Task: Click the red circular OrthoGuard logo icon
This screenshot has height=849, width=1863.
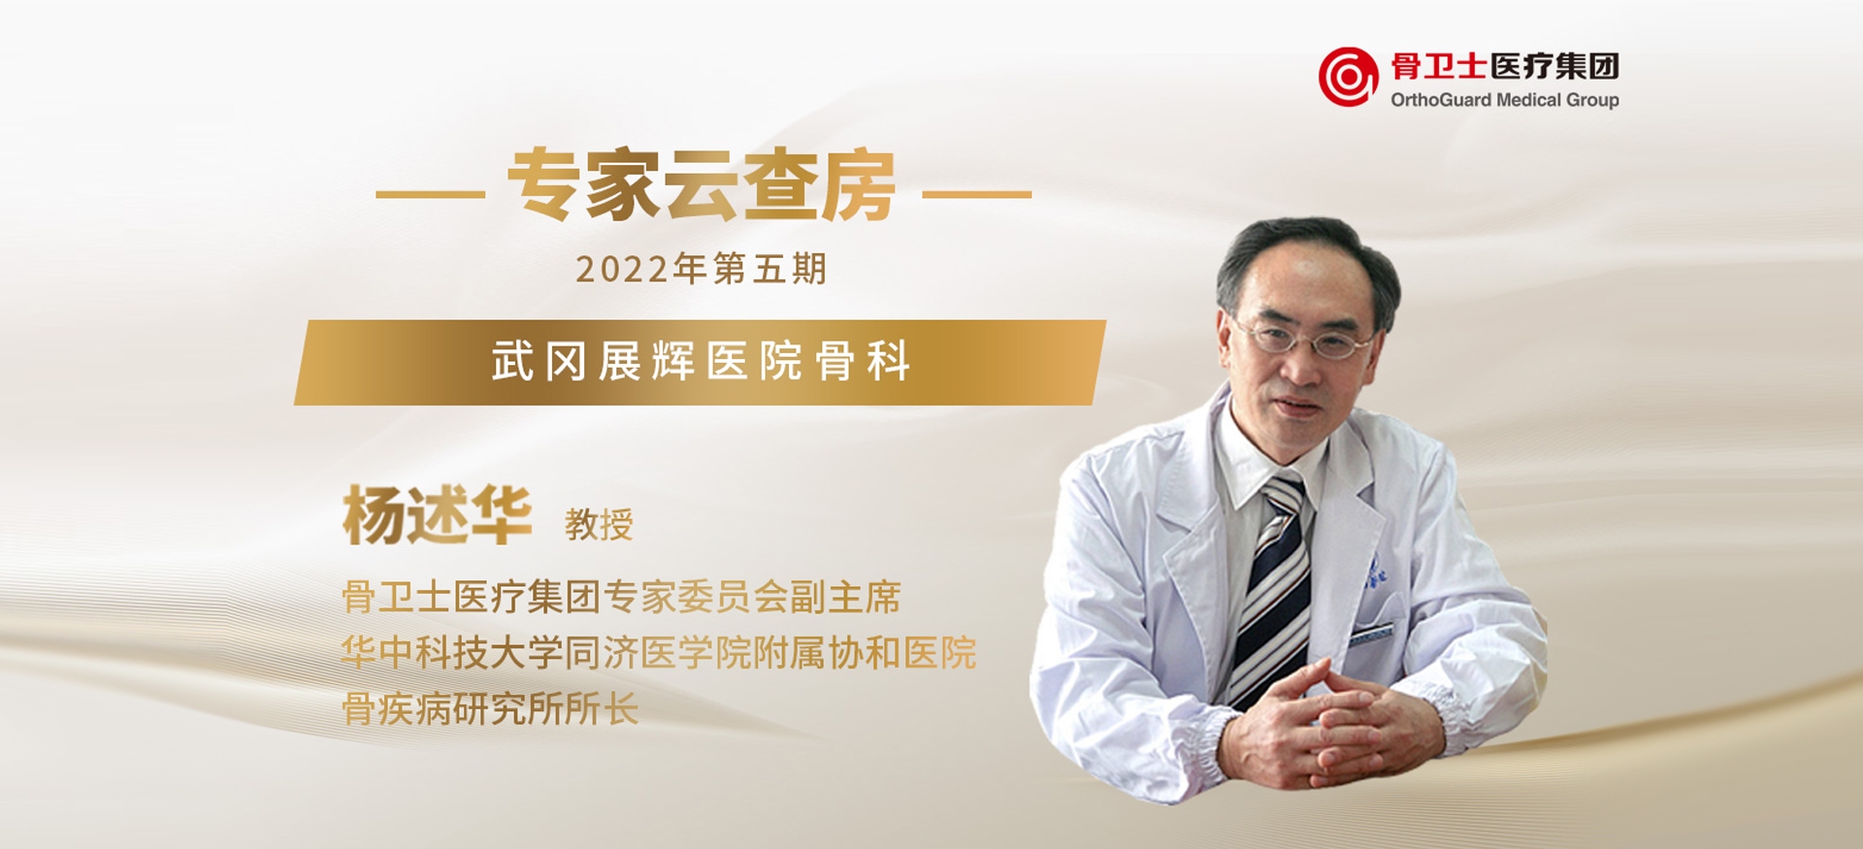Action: tap(1348, 77)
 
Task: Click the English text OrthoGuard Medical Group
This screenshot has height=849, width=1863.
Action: tap(1505, 100)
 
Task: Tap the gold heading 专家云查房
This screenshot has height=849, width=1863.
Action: tap(702, 185)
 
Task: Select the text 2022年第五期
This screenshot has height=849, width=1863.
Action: tap(701, 269)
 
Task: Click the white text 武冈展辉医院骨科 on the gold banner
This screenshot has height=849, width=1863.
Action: tap(701, 362)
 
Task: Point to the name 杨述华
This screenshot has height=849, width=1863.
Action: tap(437, 514)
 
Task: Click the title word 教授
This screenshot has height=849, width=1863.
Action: tap(599, 525)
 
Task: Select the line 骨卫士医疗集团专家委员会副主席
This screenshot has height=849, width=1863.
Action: tap(621, 597)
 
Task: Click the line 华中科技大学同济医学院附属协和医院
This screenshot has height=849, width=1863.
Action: tap(659, 653)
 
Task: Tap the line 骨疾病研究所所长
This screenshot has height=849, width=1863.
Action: tap(490, 709)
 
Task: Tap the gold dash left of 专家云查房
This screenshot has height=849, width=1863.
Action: tap(430, 194)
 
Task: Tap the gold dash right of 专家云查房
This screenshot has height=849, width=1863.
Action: tap(976, 194)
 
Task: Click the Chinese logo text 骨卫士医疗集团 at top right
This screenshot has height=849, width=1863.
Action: tap(1505, 66)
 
